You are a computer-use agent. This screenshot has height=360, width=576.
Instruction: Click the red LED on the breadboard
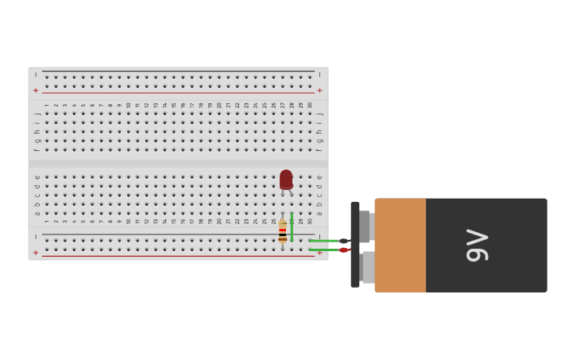click(286, 180)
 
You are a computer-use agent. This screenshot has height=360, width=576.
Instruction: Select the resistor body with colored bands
click(283, 231)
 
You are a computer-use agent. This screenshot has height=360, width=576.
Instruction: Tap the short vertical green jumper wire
click(292, 226)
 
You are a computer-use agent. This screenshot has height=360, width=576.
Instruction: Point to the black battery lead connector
click(344, 241)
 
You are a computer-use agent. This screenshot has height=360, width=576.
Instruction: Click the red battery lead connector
click(344, 250)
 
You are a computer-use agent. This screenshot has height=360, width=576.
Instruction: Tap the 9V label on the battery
click(477, 245)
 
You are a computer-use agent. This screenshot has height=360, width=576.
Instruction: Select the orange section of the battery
click(400, 245)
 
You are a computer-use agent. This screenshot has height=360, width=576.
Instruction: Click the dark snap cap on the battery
click(355, 245)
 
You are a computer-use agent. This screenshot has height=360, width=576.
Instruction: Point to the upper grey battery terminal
click(365, 226)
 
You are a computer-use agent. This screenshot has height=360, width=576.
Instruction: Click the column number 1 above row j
click(47, 105)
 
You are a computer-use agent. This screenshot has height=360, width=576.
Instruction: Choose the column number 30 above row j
click(310, 105)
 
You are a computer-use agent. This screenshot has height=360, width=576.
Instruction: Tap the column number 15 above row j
click(174, 105)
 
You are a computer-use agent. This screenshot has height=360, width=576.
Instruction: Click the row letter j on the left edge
click(37, 114)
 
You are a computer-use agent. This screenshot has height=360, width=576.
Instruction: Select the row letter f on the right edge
click(319, 149)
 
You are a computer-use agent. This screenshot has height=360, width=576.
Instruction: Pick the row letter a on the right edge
click(319, 213)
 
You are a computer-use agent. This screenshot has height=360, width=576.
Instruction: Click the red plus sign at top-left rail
click(36, 91)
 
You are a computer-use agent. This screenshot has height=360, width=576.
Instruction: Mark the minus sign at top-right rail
click(319, 75)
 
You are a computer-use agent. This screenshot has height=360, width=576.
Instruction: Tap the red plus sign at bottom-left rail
click(36, 253)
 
